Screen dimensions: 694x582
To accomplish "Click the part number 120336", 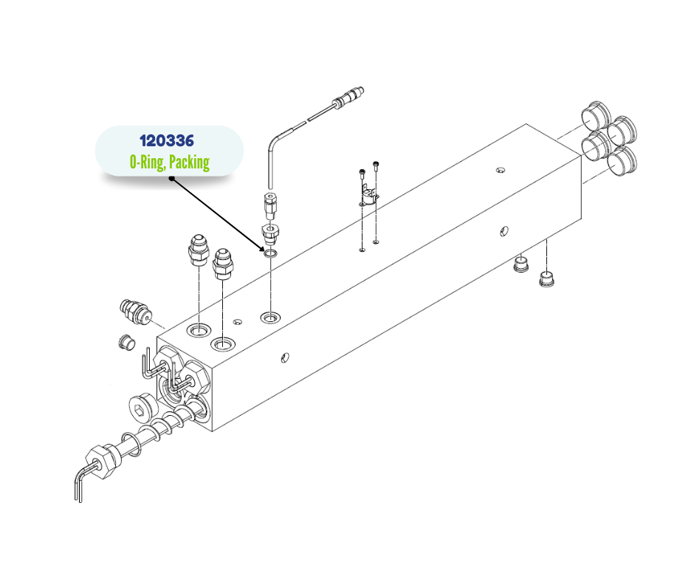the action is point(167,141).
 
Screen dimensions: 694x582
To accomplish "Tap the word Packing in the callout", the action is point(190,162).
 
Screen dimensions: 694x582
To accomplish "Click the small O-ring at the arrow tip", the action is point(270,253).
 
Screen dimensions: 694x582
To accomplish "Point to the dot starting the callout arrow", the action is point(172,179).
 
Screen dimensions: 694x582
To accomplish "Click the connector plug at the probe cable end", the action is point(350,97).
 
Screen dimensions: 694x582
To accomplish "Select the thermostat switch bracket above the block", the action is point(368,197).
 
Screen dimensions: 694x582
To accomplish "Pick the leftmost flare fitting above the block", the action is point(198,250).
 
